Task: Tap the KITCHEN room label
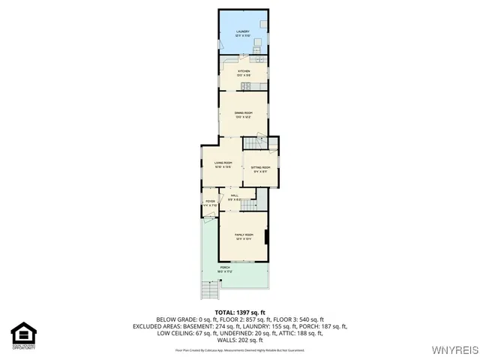point(242,72)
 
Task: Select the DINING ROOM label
point(242,114)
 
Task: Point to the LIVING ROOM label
point(223,164)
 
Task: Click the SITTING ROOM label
point(260,168)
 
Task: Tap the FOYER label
point(210,202)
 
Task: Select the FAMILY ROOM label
point(242,236)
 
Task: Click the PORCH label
point(224,268)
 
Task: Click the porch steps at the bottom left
point(211,290)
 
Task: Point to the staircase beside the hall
point(261,199)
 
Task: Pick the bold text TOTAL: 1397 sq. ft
point(240,312)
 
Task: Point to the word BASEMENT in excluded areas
point(196,327)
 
